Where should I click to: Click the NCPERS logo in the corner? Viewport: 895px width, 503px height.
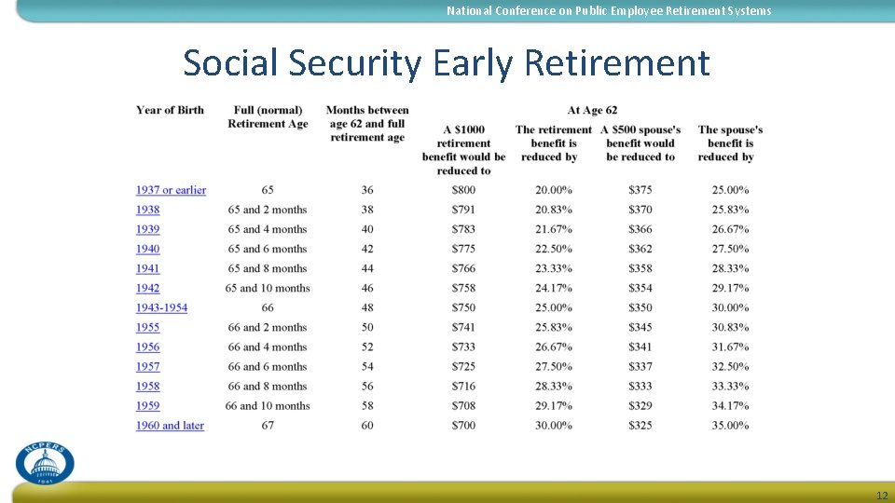45,462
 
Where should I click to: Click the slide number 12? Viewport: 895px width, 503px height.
882,495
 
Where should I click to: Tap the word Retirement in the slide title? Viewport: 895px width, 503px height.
617,63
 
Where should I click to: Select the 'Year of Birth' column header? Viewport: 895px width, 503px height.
170,110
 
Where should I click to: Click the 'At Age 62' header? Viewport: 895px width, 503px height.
592,110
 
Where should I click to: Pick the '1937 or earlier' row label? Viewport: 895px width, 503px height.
171,190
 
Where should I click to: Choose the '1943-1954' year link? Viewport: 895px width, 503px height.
161,307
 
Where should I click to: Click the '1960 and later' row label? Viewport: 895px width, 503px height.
170,426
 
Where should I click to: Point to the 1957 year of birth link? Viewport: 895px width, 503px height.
147,367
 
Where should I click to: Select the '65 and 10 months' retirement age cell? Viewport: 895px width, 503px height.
268,289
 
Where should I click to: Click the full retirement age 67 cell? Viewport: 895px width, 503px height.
268,426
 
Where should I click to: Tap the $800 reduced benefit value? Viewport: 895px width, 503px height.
463,190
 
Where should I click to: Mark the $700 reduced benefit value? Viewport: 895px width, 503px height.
463,426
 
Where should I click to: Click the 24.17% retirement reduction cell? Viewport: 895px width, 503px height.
554,289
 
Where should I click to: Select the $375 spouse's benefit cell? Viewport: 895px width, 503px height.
640,190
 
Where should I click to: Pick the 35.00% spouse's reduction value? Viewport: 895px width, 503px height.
730,426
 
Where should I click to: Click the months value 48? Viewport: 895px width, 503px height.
367,307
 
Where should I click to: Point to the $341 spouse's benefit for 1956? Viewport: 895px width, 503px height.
640,347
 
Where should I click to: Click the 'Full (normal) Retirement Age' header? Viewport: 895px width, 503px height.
268,116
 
